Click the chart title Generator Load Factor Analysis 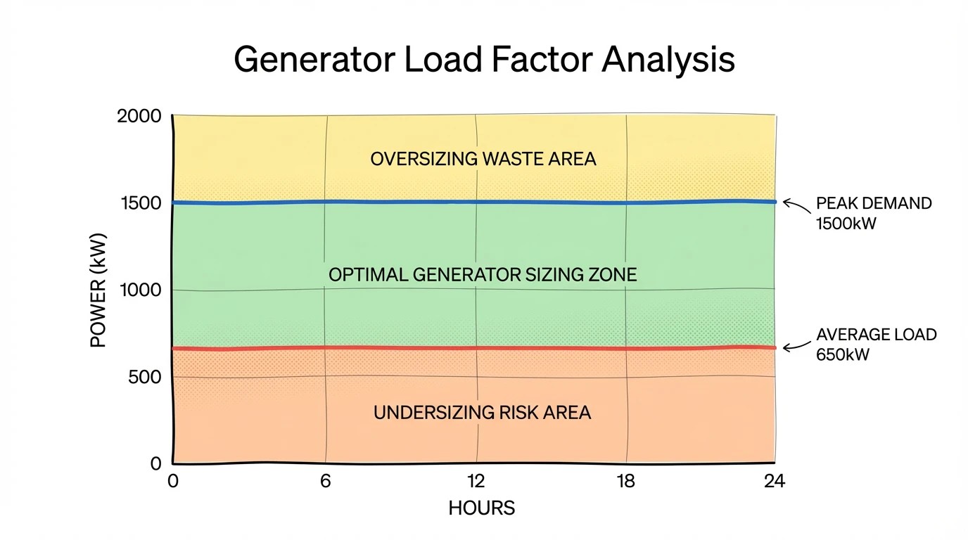tap(484, 60)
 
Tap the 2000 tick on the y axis tap(139, 116)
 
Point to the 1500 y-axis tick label tap(141, 203)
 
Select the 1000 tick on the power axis tap(141, 290)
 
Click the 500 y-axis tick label tap(145, 377)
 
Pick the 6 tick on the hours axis tap(326, 482)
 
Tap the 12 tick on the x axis tap(476, 482)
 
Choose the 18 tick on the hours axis tap(625, 482)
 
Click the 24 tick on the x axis tap(774, 482)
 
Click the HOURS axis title tap(482, 508)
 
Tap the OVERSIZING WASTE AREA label tap(483, 159)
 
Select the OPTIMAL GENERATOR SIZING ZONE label tap(483, 274)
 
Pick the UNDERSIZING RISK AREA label tap(482, 413)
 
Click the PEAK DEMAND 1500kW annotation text tap(873, 213)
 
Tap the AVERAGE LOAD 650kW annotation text tap(876, 345)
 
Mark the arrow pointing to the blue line tap(796, 205)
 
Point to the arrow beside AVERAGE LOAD tap(796, 346)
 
